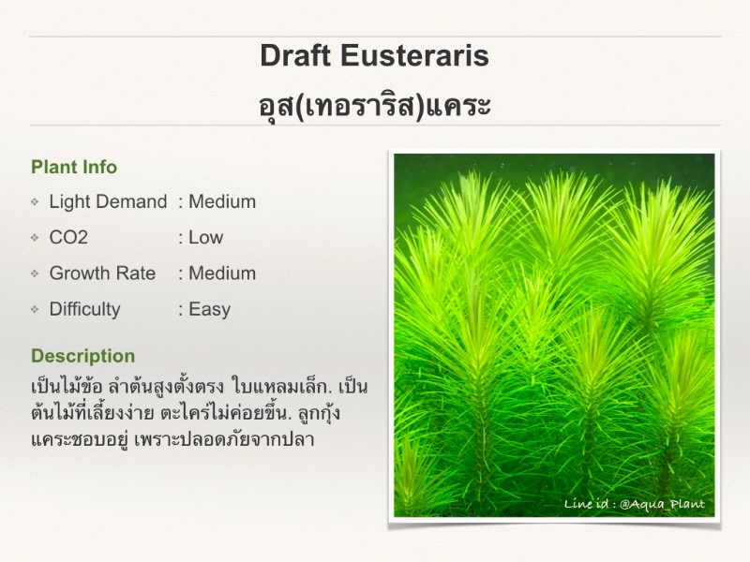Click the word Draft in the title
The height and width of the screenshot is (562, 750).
(295, 55)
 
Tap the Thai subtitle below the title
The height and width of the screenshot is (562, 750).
(374, 105)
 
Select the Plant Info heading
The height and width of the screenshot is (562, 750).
(74, 168)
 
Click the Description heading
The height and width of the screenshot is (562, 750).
(83, 356)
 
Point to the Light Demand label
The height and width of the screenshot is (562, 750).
(108, 201)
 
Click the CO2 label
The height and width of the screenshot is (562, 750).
(68, 238)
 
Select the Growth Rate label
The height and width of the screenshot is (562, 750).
(102, 274)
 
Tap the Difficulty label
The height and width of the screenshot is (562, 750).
(84, 309)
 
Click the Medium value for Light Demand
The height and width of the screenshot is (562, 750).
(222, 201)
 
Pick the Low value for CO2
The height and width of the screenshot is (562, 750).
(206, 238)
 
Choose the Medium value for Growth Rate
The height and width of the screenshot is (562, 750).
(222, 274)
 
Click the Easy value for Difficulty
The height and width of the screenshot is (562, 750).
(209, 309)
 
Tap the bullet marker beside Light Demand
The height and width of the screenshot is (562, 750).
(35, 201)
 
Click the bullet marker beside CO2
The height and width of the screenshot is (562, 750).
(35, 238)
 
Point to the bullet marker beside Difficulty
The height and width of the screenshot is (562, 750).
(35, 309)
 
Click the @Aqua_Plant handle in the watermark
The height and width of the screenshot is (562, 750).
(662, 504)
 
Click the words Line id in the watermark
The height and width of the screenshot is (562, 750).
(586, 504)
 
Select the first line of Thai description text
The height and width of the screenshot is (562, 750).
(199, 386)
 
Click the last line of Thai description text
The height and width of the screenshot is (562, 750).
(172, 439)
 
